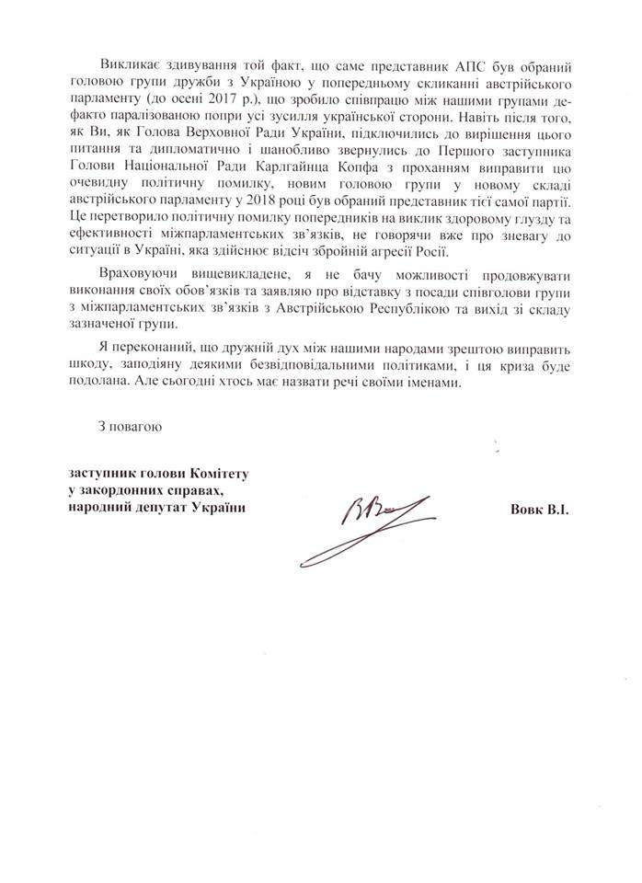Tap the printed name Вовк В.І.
click(x=538, y=509)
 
